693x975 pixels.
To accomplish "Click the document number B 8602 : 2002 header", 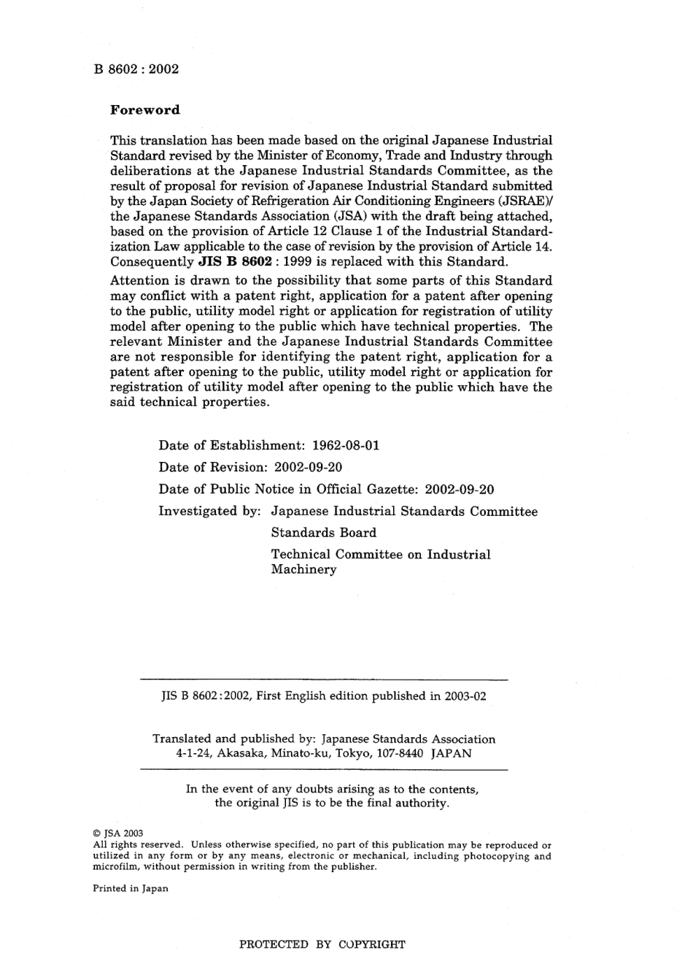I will click(136, 69).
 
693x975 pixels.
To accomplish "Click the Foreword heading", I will click(144, 110).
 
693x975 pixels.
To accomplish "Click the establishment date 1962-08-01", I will click(345, 445).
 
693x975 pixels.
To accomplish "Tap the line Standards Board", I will click(323, 533).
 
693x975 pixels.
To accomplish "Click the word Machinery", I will click(303, 570).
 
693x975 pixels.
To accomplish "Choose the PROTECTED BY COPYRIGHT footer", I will click(322, 944).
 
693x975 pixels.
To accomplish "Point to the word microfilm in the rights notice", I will click(116, 867).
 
